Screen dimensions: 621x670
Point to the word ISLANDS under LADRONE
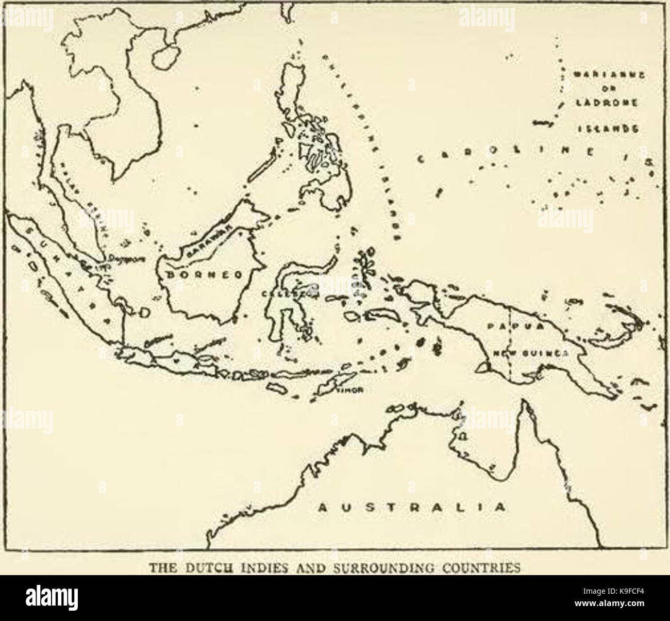tap(607, 129)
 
